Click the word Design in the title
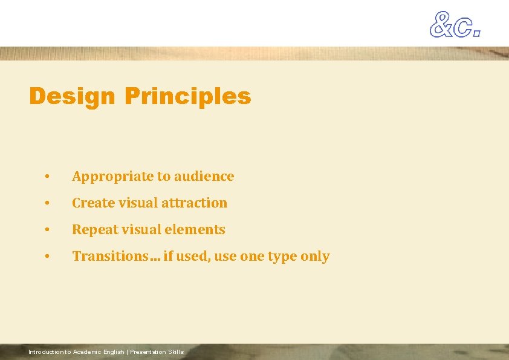click(71, 96)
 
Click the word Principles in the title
click(187, 96)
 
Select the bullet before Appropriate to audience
click(47, 177)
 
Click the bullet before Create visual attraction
click(47, 203)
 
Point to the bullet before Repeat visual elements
click(47, 230)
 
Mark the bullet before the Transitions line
click(47, 257)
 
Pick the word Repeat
click(92, 229)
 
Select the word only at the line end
click(315, 257)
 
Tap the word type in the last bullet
click(282, 257)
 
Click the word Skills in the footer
click(177, 352)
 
